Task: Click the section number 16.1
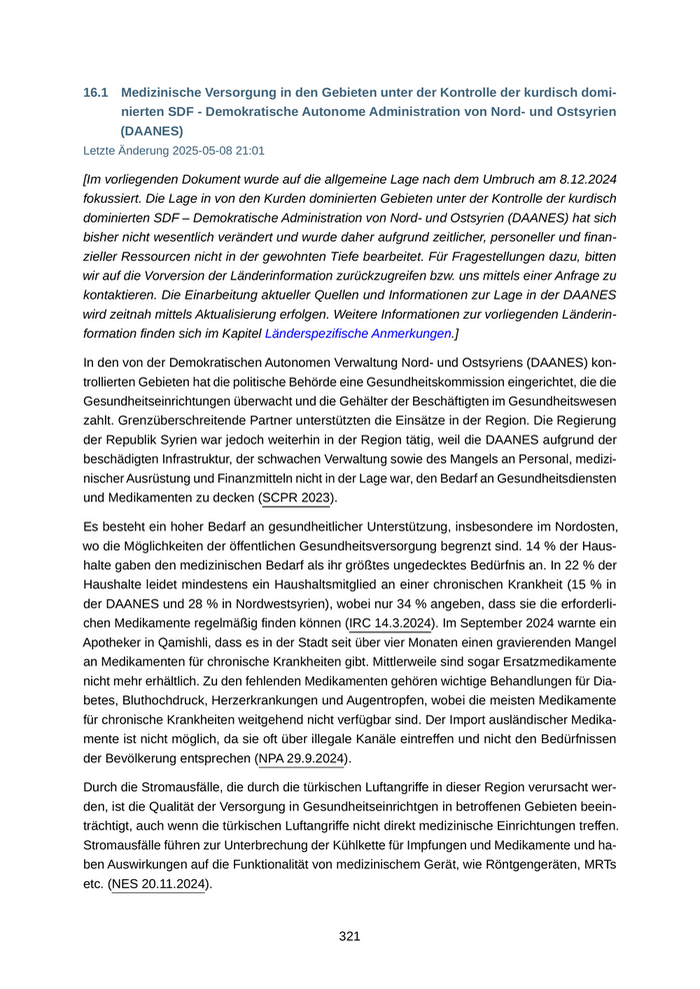pyautogui.click(x=95, y=92)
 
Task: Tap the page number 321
pyautogui.click(x=349, y=936)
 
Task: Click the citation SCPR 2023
pyautogui.click(x=298, y=497)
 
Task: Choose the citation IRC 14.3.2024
pyautogui.click(x=389, y=623)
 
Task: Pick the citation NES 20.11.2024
pyautogui.click(x=159, y=884)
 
